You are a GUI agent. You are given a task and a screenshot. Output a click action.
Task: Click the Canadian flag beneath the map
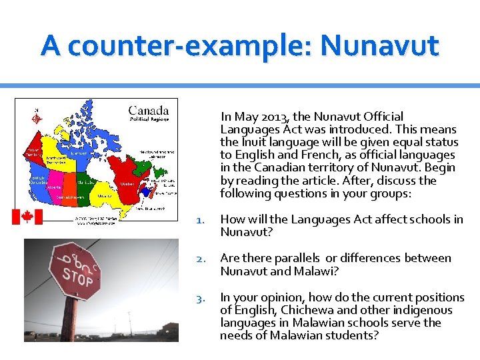27,217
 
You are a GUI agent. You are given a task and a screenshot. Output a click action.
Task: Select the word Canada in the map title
148,110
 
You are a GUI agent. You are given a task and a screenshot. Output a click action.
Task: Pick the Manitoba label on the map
85,181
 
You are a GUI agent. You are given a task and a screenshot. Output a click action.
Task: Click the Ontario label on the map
104,196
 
